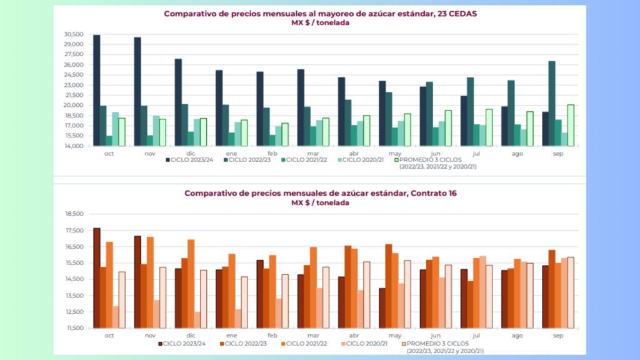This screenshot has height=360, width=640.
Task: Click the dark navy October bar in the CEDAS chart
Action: click(97, 90)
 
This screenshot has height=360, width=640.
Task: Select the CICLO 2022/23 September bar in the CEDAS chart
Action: click(552, 103)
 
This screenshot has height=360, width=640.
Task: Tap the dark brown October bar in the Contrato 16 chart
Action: click(97, 278)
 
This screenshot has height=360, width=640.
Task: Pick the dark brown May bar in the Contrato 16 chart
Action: click(382, 308)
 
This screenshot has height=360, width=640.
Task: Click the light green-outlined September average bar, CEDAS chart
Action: click(571, 125)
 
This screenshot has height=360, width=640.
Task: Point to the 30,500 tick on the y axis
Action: click(74, 34)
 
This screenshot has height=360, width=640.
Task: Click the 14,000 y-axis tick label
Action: click(74, 146)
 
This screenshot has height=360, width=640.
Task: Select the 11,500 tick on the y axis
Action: click(75, 328)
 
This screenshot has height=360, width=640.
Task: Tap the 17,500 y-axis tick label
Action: click(75, 231)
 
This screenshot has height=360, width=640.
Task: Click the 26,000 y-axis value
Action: click(74, 65)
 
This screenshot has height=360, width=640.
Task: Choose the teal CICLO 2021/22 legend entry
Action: click(304, 160)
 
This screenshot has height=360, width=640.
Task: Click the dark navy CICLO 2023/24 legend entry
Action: click(189, 160)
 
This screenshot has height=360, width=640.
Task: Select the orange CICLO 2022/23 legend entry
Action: click(243, 344)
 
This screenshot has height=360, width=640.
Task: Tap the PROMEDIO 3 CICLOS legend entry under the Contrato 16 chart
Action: click(442, 347)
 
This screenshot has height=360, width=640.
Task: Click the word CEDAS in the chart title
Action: click(462, 14)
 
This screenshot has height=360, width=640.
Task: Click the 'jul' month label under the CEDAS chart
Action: click(476, 154)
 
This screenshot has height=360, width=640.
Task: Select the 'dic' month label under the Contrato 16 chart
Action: click(191, 336)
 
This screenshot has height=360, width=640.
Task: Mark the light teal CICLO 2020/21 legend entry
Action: click(361, 160)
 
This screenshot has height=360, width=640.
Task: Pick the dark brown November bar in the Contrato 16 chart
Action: click(137, 282)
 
